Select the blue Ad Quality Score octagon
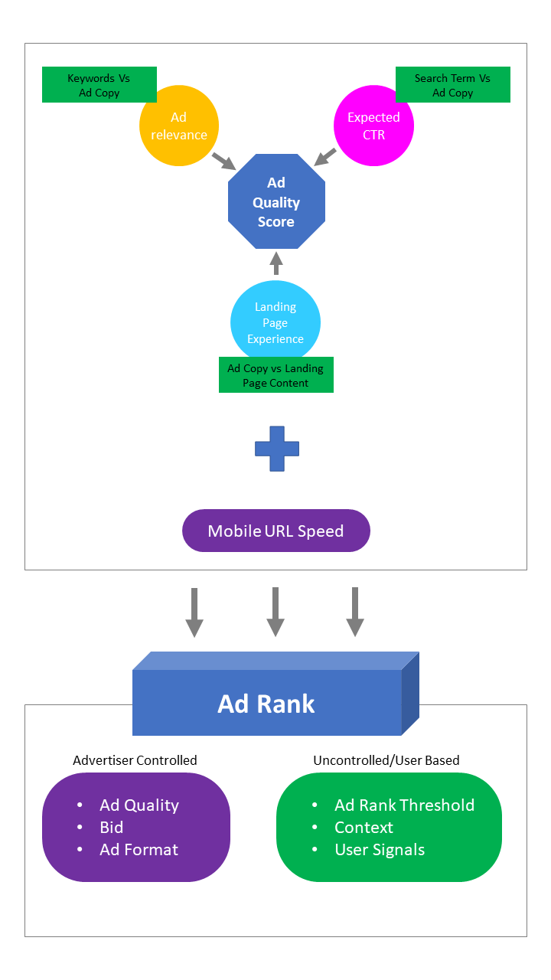pyautogui.click(x=276, y=202)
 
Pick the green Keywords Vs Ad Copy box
pyautogui.click(x=99, y=85)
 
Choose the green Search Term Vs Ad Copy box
pyautogui.click(x=452, y=85)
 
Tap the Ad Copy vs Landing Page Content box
pyautogui.click(x=275, y=375)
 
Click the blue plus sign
pyautogui.click(x=277, y=449)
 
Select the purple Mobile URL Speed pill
pyautogui.click(x=275, y=531)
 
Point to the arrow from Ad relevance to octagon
pyautogui.click(x=223, y=160)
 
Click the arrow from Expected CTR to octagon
pyautogui.click(x=325, y=156)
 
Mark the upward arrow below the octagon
pyautogui.click(x=276, y=263)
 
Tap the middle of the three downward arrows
pyautogui.click(x=275, y=612)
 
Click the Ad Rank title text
pyautogui.click(x=266, y=704)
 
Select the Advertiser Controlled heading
pyautogui.click(x=135, y=760)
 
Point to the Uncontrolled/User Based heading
pyautogui.click(x=386, y=760)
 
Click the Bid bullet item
pyautogui.click(x=112, y=828)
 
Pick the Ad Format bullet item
pyautogui.click(x=139, y=850)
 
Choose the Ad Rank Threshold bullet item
pyautogui.click(x=404, y=805)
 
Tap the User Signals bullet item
pyautogui.click(x=380, y=850)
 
